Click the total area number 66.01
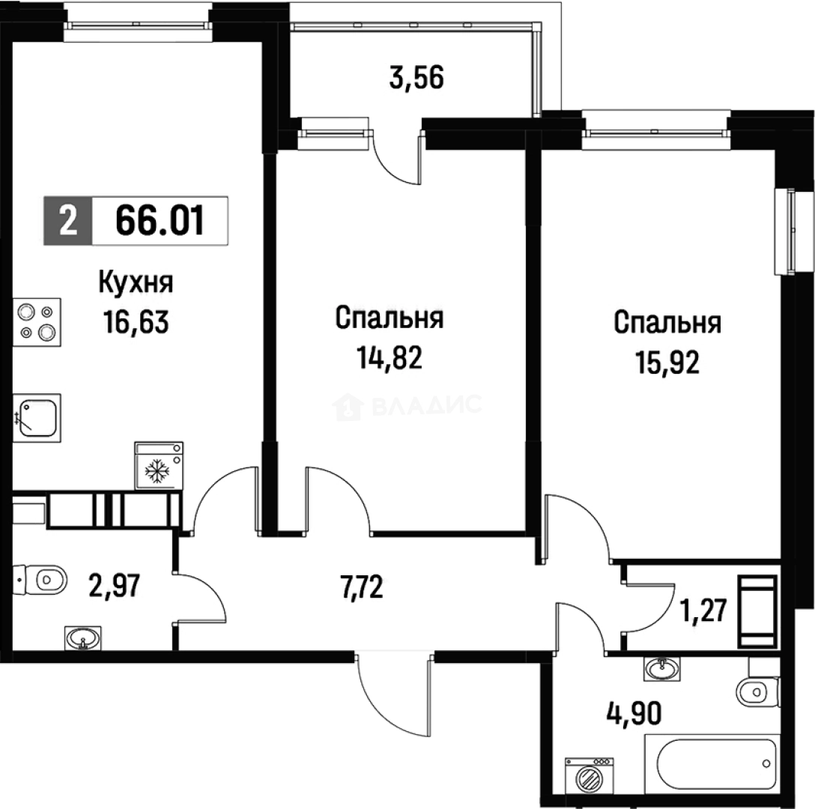pyautogui.click(x=160, y=222)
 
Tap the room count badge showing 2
pyautogui.click(x=67, y=222)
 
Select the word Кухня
pyautogui.click(x=136, y=284)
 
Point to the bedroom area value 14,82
pyautogui.click(x=389, y=358)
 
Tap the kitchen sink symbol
pyautogui.click(x=36, y=416)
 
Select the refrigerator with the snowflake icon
pyautogui.click(x=158, y=466)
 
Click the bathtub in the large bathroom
pyautogui.click(x=716, y=763)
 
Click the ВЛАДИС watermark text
pyautogui.click(x=427, y=406)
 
